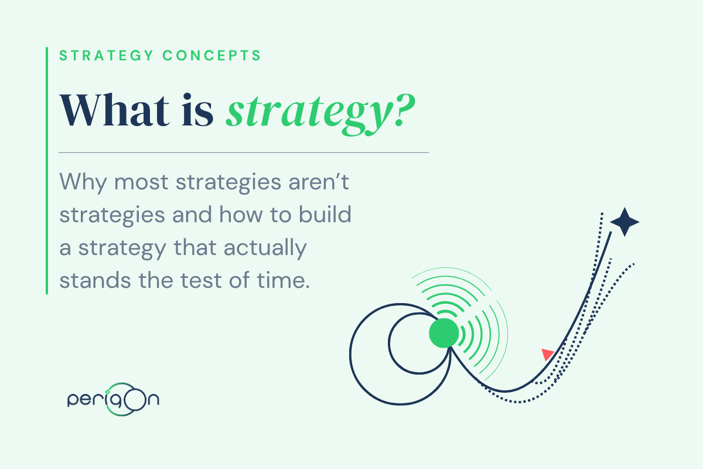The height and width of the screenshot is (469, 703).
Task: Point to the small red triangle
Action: pos(547,354)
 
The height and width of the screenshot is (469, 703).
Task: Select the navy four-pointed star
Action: pos(624,222)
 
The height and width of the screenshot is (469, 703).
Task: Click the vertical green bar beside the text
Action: pos(47,170)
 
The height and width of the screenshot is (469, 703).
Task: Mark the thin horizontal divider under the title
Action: pos(244,152)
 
